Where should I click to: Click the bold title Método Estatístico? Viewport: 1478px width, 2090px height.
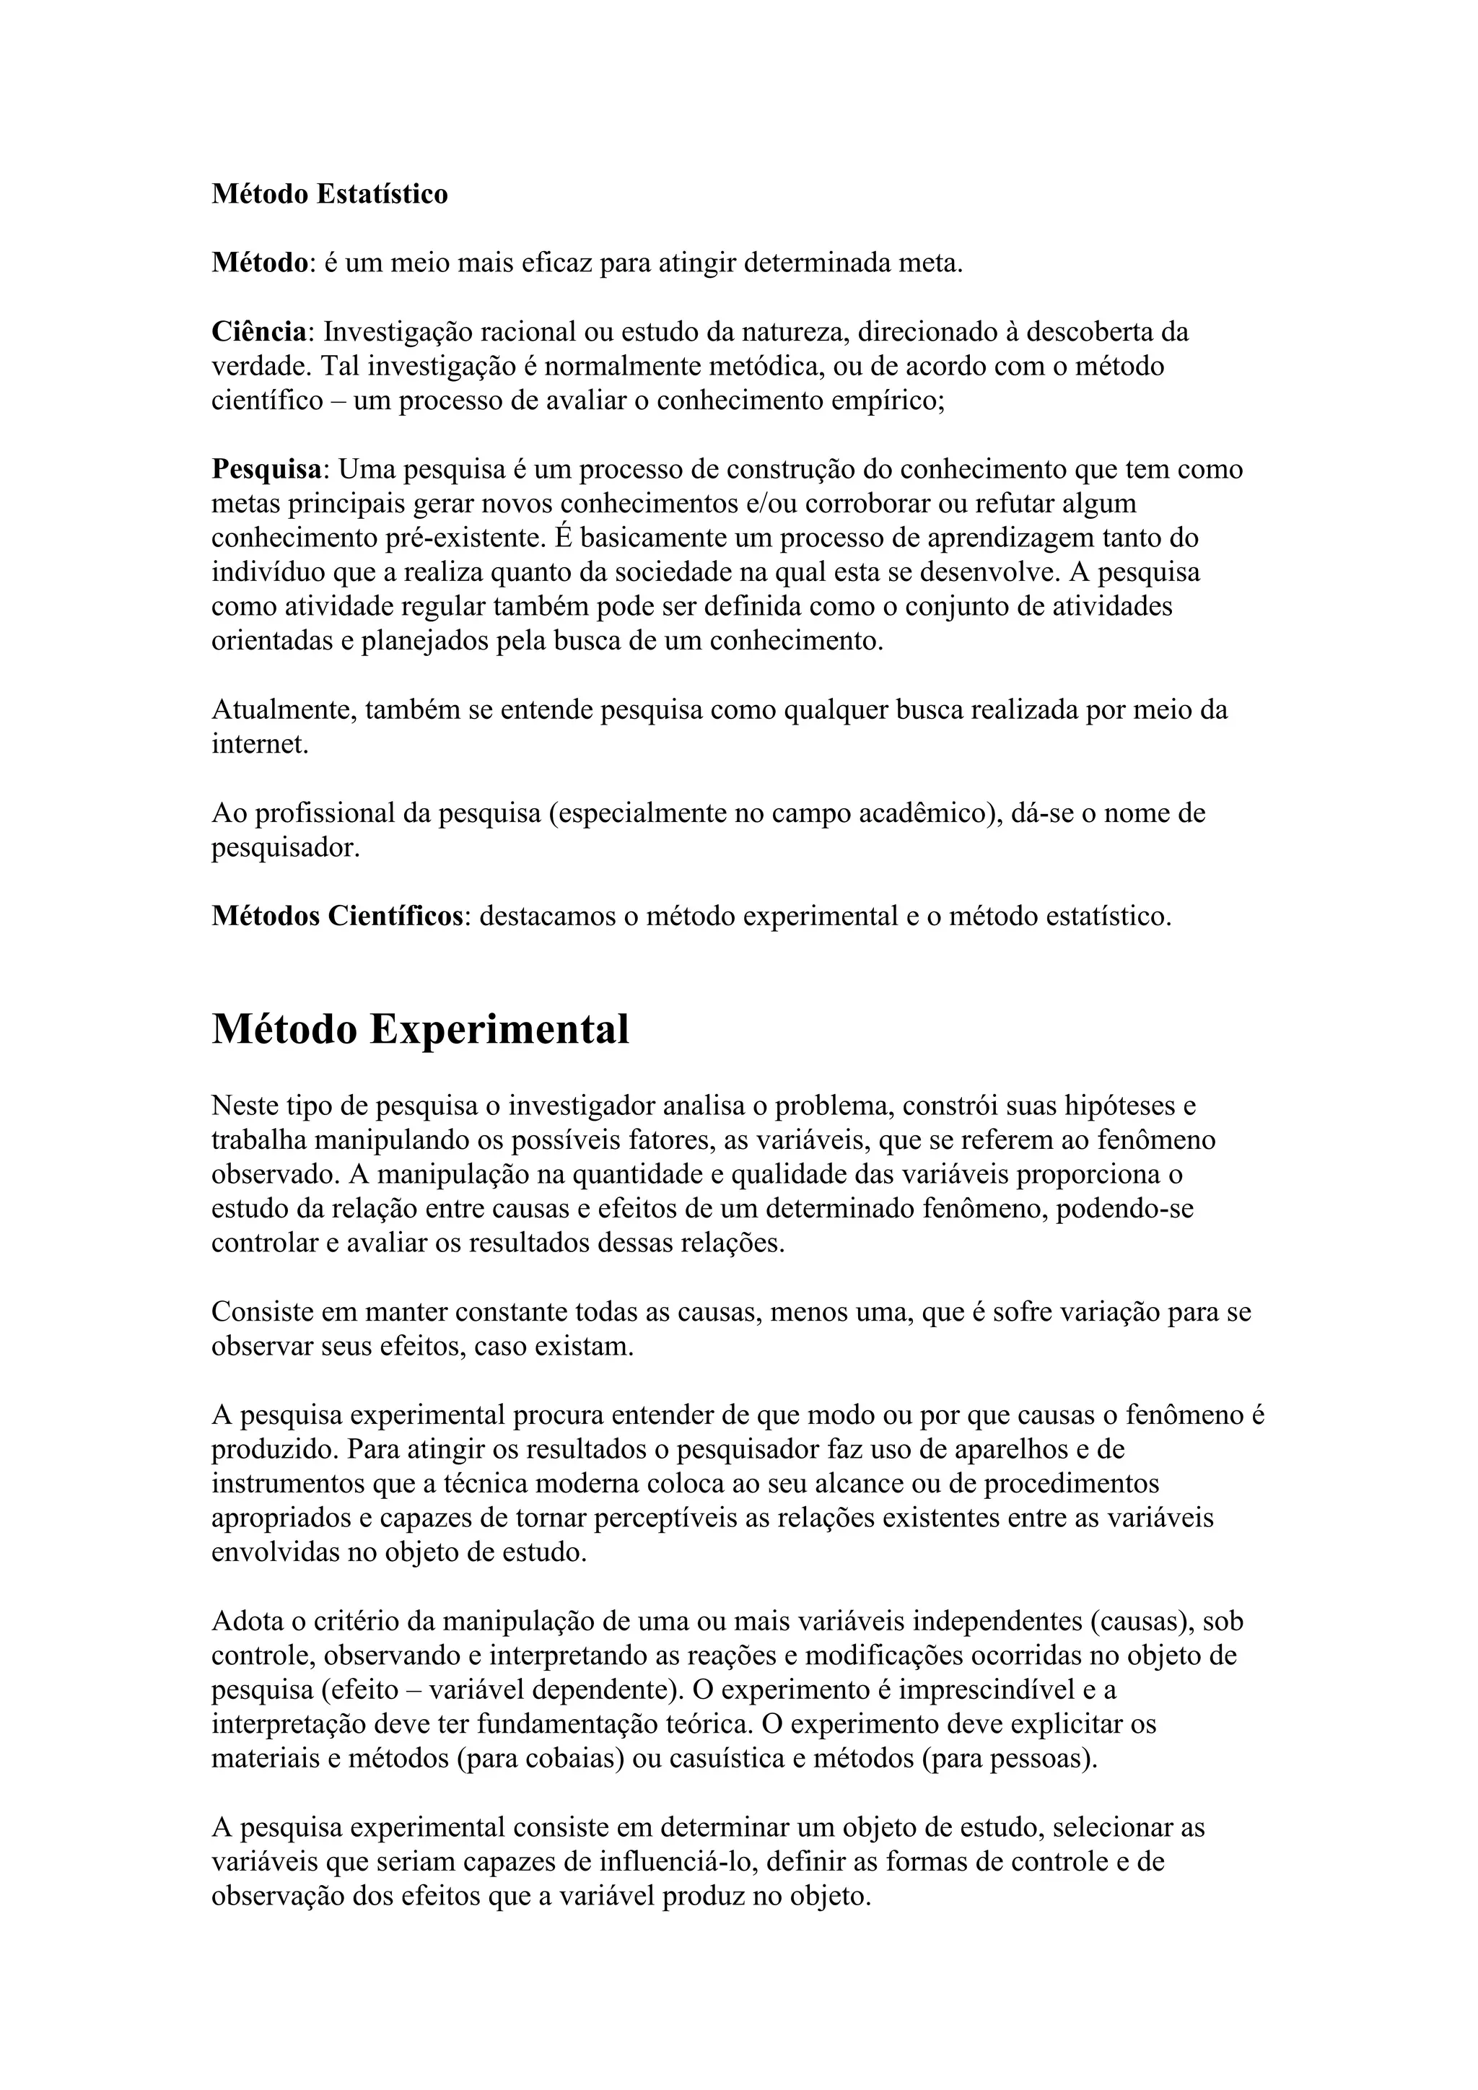330,194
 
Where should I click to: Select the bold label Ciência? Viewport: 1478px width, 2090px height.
258,332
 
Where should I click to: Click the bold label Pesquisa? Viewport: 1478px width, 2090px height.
266,470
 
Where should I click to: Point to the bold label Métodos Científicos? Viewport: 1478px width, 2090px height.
338,916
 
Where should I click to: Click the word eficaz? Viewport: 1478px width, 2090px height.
556,263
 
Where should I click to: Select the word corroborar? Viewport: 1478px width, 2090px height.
878,504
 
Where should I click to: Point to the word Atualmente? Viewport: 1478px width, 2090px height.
284,710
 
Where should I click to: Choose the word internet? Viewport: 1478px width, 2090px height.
258,745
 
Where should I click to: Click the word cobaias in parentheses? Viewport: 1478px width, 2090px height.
575,1759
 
